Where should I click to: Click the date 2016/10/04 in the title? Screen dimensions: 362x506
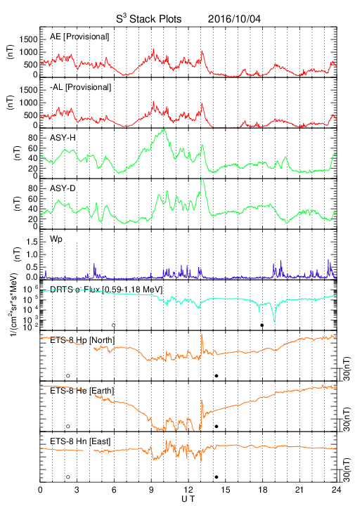234,19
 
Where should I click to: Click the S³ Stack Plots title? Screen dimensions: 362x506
149,19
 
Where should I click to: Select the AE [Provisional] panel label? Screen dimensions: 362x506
79,37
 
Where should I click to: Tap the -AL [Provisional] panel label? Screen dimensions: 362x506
80,87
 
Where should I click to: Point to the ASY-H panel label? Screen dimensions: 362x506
63,138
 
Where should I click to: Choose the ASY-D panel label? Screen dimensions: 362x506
63,188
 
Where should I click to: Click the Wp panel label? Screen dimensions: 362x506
56,240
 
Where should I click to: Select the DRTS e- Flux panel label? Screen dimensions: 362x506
106,290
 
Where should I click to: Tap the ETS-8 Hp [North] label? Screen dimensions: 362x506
82,340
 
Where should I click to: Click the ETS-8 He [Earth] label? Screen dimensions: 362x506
82,391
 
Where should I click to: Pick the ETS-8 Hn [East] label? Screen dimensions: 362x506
80,441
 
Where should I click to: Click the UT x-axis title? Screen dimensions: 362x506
188,499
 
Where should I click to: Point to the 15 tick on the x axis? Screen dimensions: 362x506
226,490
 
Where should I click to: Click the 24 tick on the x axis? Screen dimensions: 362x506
337,490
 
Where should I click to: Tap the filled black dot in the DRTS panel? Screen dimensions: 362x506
262,325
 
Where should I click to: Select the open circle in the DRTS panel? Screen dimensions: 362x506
114,325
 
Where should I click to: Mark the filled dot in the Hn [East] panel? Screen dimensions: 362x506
216,477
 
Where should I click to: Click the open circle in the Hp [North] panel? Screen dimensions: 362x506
67,375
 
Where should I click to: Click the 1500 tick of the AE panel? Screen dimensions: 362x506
28,39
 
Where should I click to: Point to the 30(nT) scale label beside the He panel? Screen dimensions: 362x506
347,419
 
